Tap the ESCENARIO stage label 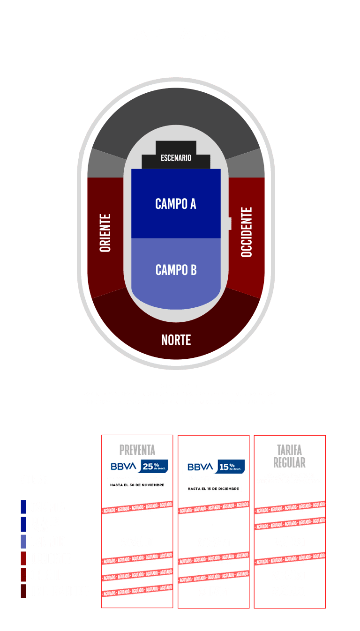click(x=176, y=158)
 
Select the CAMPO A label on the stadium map click(x=176, y=204)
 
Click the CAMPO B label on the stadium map click(x=176, y=270)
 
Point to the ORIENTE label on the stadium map click(x=105, y=233)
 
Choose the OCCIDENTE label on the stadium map click(x=247, y=232)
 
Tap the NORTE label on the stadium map click(x=176, y=340)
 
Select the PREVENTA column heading click(x=137, y=450)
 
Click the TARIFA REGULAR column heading click(x=289, y=456)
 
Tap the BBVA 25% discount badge click(x=137, y=467)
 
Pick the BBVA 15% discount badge click(x=213, y=467)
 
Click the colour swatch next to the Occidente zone click(x=23, y=558)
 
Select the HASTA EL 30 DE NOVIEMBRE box click(x=137, y=485)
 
